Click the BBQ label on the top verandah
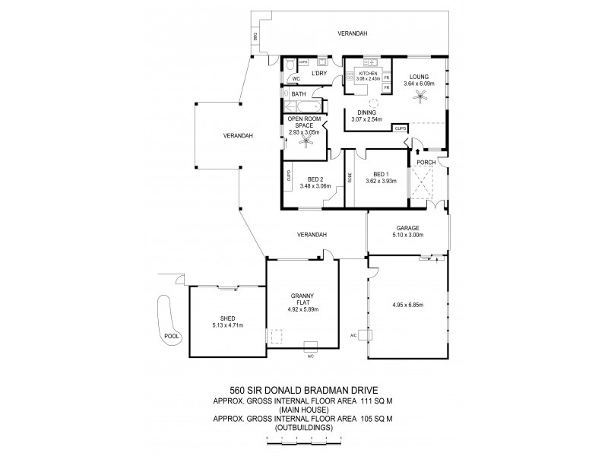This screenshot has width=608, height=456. [255, 36]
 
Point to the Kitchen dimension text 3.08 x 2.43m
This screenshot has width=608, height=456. [363, 78]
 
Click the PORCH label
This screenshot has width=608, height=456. [426, 161]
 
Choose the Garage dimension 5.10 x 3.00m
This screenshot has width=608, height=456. [407, 235]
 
